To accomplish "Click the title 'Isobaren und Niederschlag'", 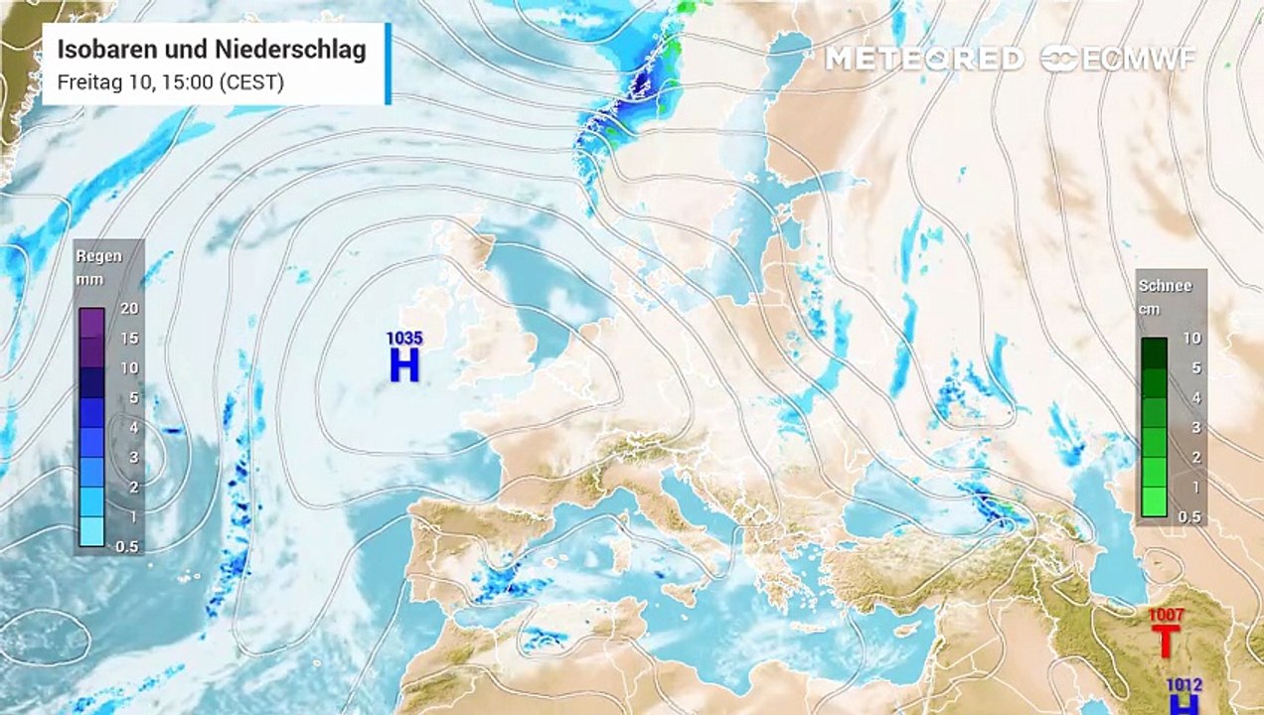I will click(x=212, y=50).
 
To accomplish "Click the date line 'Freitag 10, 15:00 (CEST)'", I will click(x=171, y=82).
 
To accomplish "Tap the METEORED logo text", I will click(x=924, y=59).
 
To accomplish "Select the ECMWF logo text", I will click(x=1121, y=59).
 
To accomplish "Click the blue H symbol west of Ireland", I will click(x=404, y=365).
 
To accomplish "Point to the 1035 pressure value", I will click(x=404, y=339).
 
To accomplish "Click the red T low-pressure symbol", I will click(x=1166, y=642).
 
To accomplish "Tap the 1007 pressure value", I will click(x=1166, y=616).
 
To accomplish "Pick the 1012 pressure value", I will click(x=1185, y=684).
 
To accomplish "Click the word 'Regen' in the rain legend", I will click(x=99, y=256).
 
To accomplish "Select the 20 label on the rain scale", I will click(x=129, y=309).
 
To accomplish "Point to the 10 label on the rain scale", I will click(x=129, y=367).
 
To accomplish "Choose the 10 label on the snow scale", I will click(x=1191, y=339).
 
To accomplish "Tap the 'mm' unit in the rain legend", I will click(x=89, y=279).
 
